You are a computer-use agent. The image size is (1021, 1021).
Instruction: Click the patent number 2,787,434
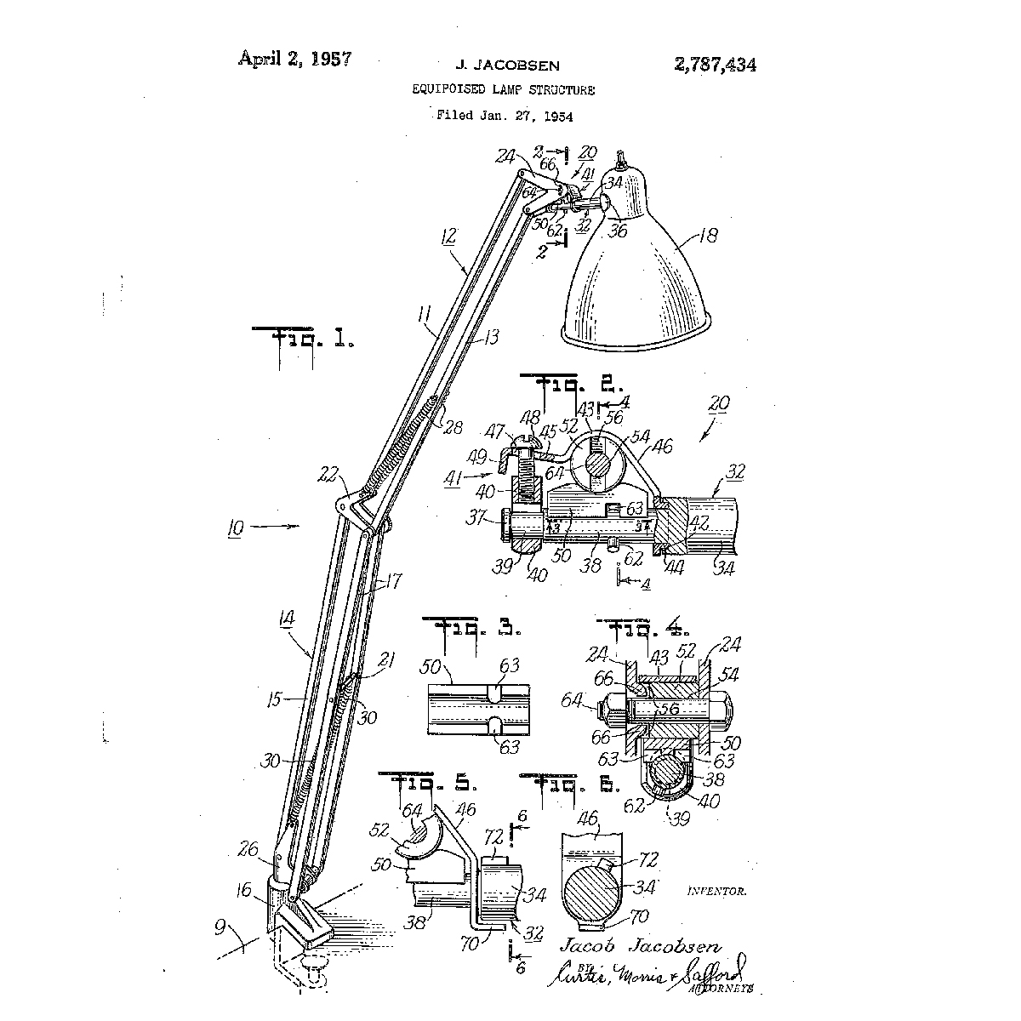[x=715, y=65]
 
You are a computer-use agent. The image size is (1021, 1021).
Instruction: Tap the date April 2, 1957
[x=295, y=59]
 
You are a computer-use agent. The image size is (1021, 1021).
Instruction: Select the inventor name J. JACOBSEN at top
[x=508, y=66]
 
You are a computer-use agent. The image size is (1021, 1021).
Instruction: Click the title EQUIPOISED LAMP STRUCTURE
[x=504, y=89]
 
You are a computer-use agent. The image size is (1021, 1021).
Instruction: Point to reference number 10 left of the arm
[x=235, y=528]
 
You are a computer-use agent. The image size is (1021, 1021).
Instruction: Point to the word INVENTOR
[x=716, y=892]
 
